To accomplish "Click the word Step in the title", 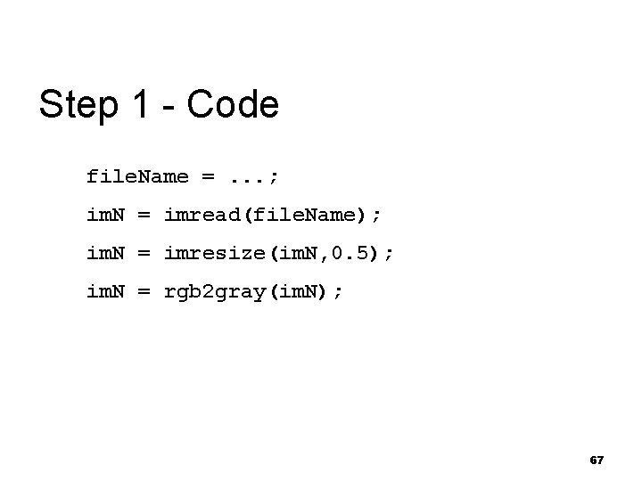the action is (x=78, y=105).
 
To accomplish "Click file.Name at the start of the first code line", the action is (x=137, y=176).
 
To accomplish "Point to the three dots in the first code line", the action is (x=248, y=176).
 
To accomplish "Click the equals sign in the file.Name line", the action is (x=208, y=176).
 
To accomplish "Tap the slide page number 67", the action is (x=597, y=460).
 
